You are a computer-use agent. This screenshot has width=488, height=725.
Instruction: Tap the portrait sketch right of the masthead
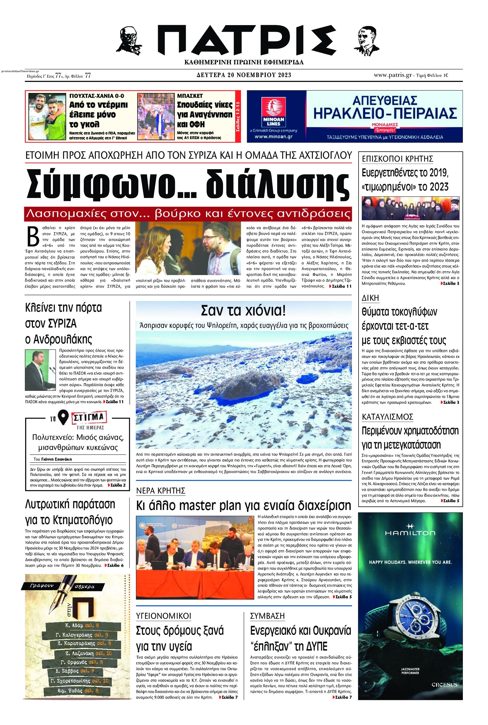click(x=365, y=40)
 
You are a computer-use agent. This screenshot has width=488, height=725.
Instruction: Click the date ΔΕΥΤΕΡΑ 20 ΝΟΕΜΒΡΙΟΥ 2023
click(x=244, y=75)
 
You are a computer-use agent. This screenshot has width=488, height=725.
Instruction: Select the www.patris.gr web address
click(x=393, y=75)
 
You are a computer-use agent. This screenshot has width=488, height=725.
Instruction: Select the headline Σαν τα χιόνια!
click(x=243, y=310)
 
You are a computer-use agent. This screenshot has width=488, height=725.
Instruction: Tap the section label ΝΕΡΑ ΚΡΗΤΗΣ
click(x=161, y=491)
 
